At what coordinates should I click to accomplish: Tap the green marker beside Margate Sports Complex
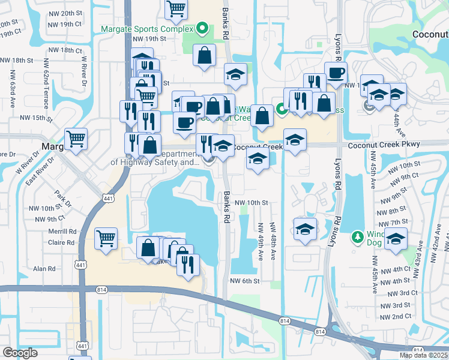[203, 28]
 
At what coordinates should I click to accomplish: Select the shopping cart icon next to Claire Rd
[106, 238]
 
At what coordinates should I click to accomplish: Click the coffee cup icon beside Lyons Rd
[336, 73]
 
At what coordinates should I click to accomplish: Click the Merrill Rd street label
[64, 231]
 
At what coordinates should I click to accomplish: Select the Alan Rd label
[44, 269]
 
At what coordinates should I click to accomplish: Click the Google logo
[20, 353]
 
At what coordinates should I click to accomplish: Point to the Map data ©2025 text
[423, 355]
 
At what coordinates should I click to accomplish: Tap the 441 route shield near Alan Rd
[80, 265]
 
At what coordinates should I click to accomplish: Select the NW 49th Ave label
[261, 242]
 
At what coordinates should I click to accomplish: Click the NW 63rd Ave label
[11, 89]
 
